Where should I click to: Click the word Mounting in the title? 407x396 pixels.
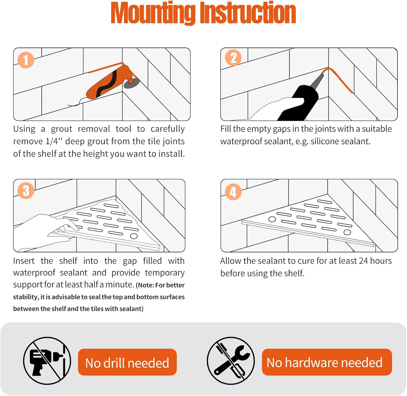tap(153, 13)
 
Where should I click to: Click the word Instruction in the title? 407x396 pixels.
tap(248, 13)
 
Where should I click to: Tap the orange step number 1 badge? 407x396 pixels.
tap(26, 60)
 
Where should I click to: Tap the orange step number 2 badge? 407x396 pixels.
tap(233, 58)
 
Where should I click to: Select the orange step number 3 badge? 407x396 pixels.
tap(26, 190)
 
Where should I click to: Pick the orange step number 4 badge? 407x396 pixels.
tap(233, 192)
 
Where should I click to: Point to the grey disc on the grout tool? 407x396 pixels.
tap(132, 83)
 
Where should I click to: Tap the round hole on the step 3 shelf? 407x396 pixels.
tap(134, 236)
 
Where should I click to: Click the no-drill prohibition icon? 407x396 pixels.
tap(47, 361)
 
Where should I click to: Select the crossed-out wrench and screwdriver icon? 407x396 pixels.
tap(231, 361)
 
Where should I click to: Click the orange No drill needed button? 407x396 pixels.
tap(127, 362)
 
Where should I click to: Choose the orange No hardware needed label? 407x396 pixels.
tap(327, 362)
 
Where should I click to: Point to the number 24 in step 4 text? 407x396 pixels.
tap(363, 261)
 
